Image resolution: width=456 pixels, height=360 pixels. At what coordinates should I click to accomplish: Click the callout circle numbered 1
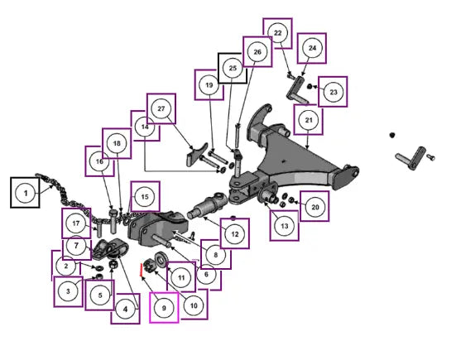tap(26, 193)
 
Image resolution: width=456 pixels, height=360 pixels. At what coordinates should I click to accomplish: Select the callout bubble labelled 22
tap(278, 33)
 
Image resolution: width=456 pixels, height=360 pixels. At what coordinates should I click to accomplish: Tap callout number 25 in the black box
tap(233, 68)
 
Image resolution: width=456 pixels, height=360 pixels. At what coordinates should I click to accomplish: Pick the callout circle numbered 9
tap(164, 308)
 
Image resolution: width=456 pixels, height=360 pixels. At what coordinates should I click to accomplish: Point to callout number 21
tap(309, 120)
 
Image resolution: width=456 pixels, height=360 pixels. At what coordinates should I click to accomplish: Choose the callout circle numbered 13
tap(285, 226)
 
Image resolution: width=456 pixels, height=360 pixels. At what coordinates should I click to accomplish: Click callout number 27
tap(161, 108)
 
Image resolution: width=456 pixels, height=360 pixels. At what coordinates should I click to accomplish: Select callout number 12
tap(235, 234)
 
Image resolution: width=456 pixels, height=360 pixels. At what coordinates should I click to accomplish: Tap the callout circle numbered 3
tap(68, 291)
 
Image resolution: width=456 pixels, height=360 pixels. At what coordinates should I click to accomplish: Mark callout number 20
tap(315, 207)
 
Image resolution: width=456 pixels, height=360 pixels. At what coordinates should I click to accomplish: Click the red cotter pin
tap(141, 270)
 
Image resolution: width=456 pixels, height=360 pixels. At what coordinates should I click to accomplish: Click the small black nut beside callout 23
tap(310, 86)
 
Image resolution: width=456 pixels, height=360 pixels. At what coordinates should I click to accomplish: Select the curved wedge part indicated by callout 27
tap(197, 155)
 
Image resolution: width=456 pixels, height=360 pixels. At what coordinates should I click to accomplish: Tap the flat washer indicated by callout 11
tap(161, 259)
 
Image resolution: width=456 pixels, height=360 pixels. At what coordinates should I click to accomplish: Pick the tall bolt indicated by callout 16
tap(113, 221)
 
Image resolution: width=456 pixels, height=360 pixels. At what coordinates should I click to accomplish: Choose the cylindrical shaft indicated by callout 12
tap(206, 204)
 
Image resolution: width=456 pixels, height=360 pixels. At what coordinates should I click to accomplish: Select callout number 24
tap(312, 48)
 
